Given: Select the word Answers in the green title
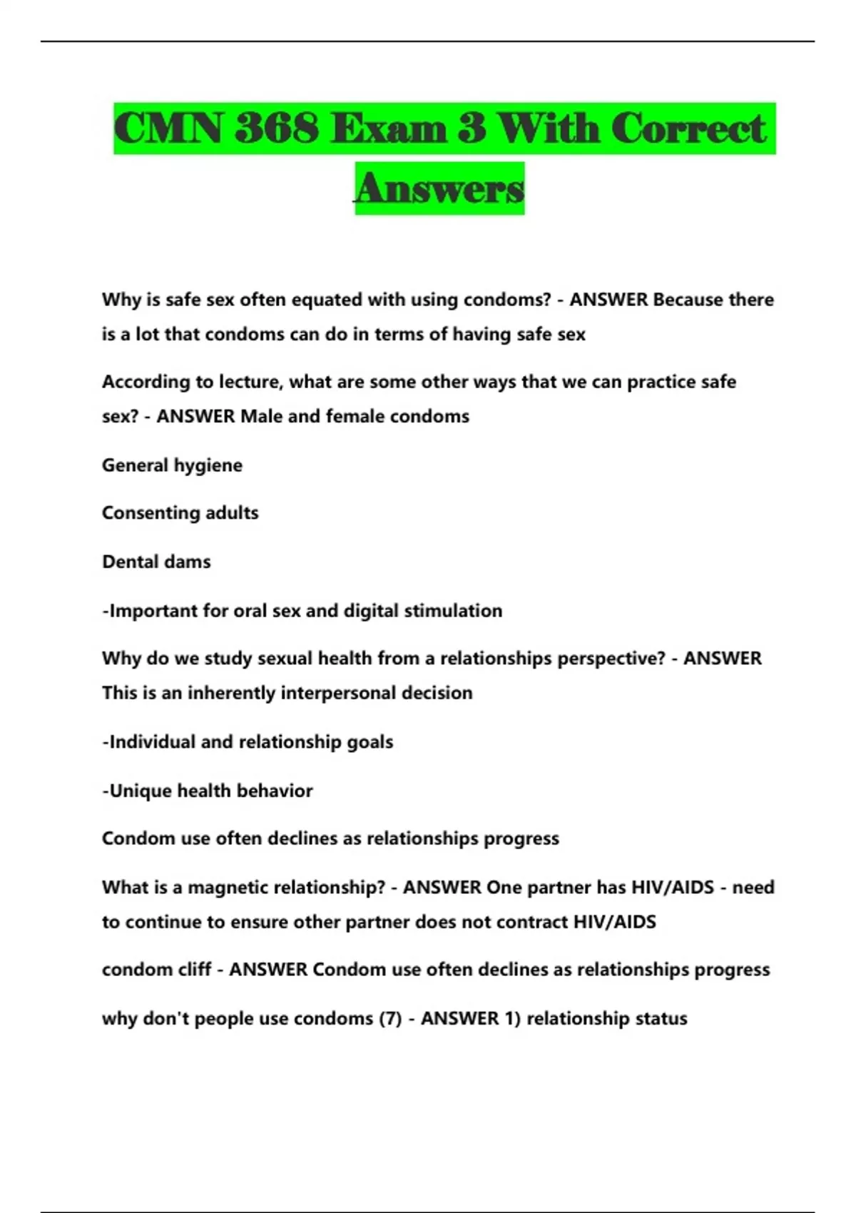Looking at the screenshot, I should pyautogui.click(x=439, y=188).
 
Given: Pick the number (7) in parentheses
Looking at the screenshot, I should pyautogui.click(x=390, y=1018).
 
